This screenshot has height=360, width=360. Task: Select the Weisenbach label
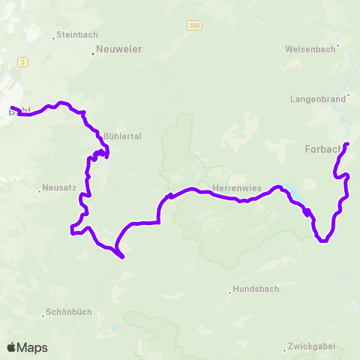click(x=308, y=49)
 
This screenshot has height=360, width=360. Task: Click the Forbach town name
click(x=322, y=148)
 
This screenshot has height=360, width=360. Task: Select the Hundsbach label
click(x=254, y=289)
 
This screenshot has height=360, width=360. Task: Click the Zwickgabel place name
click(x=311, y=347)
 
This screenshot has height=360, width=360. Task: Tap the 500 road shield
click(x=194, y=25)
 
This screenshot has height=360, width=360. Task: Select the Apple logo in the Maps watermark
click(x=12, y=347)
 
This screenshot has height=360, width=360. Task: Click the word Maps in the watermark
click(x=32, y=347)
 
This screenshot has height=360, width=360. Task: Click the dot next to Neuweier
click(x=93, y=53)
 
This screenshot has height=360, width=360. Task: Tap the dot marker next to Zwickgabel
click(x=285, y=348)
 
